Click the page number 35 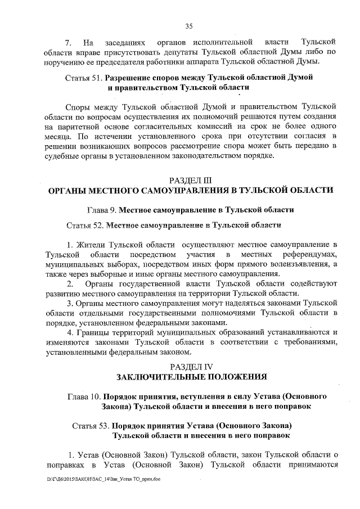point(189,25)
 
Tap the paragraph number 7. point(68,42)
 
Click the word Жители point(92,245)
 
